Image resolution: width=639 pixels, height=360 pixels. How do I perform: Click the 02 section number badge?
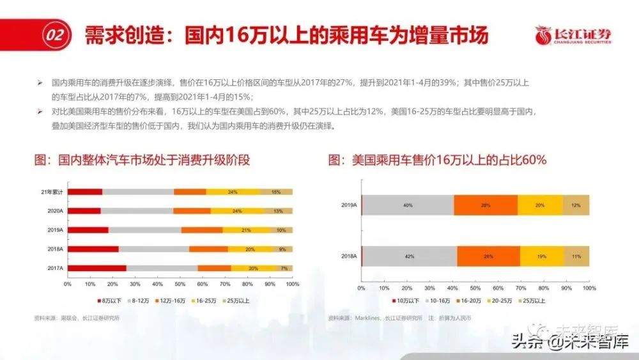[55, 36]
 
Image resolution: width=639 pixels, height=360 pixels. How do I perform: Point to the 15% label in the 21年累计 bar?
[276, 192]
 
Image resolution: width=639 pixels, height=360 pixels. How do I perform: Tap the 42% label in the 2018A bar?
[409, 256]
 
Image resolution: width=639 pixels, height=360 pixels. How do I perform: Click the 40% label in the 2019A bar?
[407, 205]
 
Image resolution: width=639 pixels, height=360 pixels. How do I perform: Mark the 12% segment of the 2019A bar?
[576, 205]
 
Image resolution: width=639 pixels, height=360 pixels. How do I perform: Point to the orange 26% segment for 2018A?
[488, 256]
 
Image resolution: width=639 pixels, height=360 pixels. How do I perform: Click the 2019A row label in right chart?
[349, 205]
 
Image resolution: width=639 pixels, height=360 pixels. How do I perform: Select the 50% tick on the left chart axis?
[180, 283]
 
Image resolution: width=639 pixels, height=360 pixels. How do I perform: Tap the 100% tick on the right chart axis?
[589, 288]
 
